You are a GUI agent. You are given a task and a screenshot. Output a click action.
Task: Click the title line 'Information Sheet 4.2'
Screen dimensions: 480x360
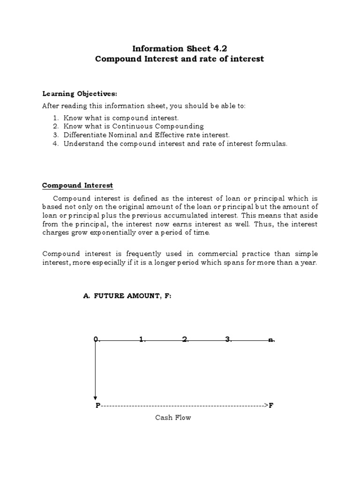click(180, 48)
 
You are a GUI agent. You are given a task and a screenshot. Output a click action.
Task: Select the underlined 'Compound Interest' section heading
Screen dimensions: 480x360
click(77, 186)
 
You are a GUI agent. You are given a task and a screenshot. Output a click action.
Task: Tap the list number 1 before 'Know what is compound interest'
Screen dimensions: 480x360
click(55, 118)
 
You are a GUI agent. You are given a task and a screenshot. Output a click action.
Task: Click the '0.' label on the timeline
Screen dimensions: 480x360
click(96, 339)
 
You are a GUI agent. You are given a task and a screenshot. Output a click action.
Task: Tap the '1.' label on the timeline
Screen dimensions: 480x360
click(142, 339)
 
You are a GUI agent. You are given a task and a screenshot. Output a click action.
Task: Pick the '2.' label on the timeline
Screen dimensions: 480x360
click(185, 339)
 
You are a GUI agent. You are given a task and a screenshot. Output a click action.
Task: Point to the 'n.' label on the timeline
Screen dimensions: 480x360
click(271, 340)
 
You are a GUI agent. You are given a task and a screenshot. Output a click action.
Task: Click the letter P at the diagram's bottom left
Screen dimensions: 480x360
click(98, 405)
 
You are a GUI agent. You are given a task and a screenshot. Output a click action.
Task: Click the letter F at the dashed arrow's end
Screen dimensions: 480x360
click(271, 405)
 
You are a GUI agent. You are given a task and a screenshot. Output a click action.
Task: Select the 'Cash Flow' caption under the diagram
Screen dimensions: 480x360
click(173, 417)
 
